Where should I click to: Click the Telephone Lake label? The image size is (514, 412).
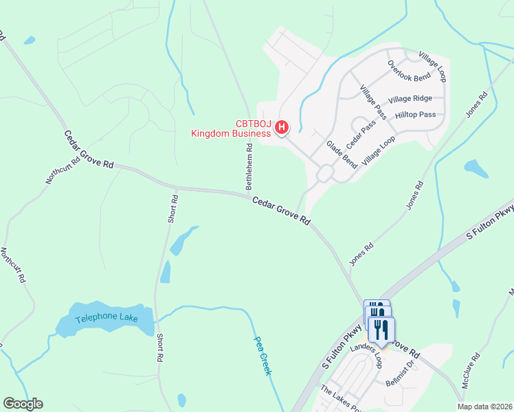pyautogui.click(x=107, y=318)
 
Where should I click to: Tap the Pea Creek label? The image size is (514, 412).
pyautogui.click(x=263, y=354)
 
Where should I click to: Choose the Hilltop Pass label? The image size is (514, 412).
pyautogui.click(x=416, y=115)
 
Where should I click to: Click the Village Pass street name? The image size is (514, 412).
pyautogui.click(x=373, y=102)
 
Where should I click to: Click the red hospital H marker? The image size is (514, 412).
pyautogui.click(x=282, y=127)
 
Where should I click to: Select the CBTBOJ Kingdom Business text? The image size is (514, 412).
pyautogui.click(x=231, y=128)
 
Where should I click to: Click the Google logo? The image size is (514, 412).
pyautogui.click(x=23, y=404)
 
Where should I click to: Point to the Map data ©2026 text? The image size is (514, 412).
pyautogui.click(x=484, y=407)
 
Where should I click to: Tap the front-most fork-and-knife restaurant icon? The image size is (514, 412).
pyautogui.click(x=381, y=329)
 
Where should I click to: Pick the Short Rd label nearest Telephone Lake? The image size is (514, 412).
pyautogui.click(x=159, y=348)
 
